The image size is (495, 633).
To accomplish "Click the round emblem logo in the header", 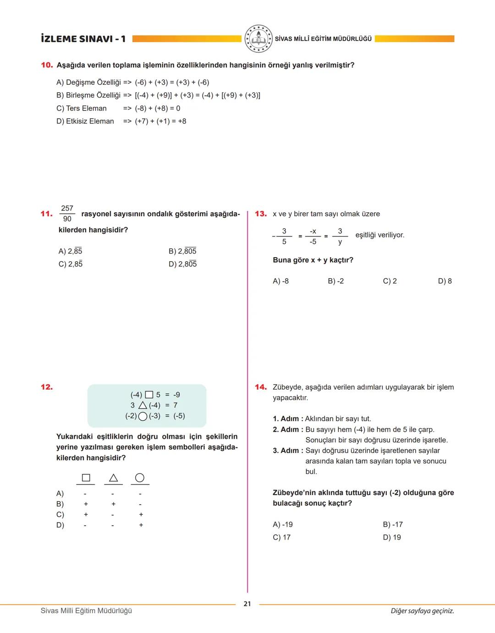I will click(258, 39).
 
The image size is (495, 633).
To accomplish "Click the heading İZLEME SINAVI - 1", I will click(83, 39).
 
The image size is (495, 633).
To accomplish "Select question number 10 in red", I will click(47, 65).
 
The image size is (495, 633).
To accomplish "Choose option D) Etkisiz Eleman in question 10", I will click(85, 121).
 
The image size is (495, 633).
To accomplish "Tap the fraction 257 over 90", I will click(67, 214).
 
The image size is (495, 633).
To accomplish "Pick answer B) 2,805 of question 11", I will click(182, 251).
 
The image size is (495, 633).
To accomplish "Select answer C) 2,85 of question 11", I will click(71, 264).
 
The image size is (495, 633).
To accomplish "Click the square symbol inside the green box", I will click(149, 395).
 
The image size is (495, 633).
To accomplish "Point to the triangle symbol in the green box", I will click(143, 405).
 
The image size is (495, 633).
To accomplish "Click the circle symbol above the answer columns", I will click(140, 478).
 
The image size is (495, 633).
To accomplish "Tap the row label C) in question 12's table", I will click(60, 515).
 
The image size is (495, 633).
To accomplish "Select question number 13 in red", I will click(261, 214).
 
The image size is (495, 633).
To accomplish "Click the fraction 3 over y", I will click(340, 236).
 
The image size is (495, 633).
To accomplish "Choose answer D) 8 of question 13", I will click(445, 281).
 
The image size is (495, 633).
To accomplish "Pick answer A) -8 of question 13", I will click(280, 281).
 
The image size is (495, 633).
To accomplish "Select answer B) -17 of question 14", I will click(393, 524).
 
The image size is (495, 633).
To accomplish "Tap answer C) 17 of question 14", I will click(281, 537).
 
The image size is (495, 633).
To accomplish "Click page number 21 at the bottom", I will click(247, 604).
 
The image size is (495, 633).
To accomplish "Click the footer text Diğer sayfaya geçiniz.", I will click(422, 611).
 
